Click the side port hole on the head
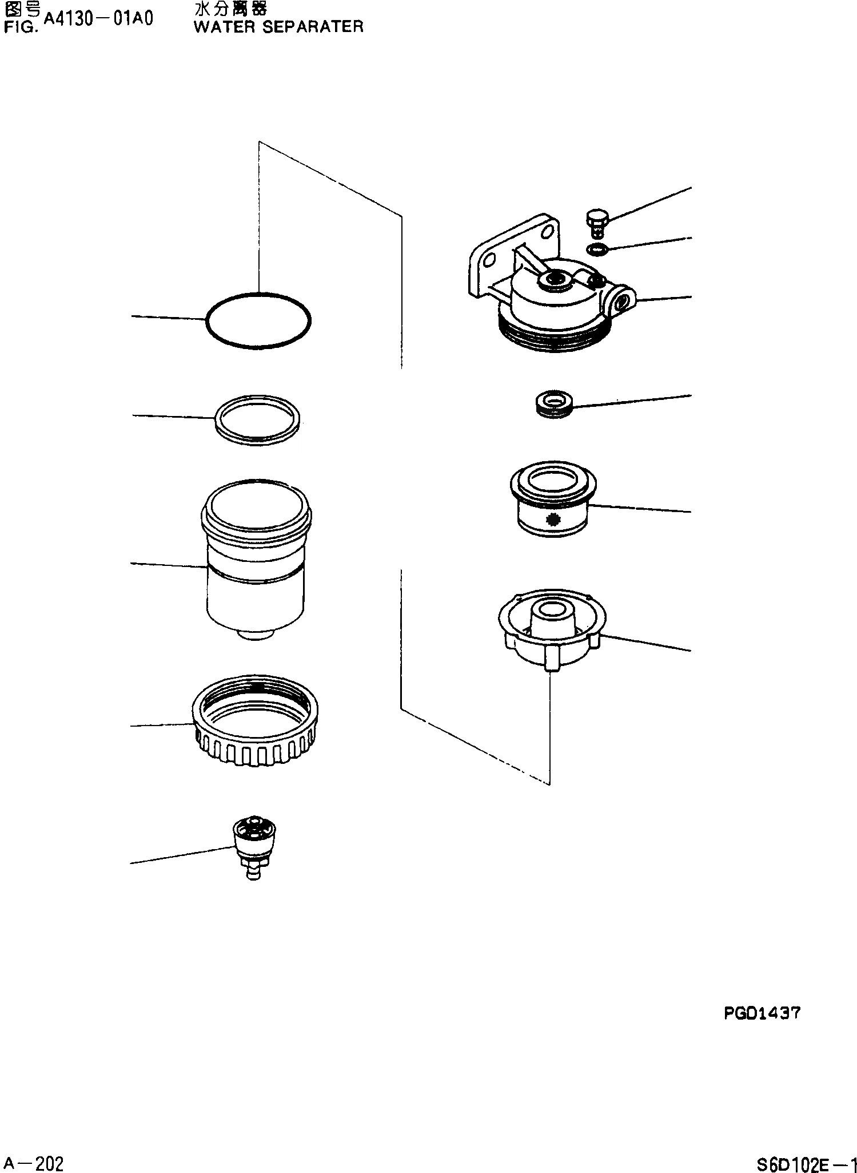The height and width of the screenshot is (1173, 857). click(x=624, y=300)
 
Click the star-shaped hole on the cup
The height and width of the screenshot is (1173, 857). click(x=552, y=520)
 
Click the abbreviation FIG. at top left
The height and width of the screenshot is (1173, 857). click(x=21, y=26)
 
